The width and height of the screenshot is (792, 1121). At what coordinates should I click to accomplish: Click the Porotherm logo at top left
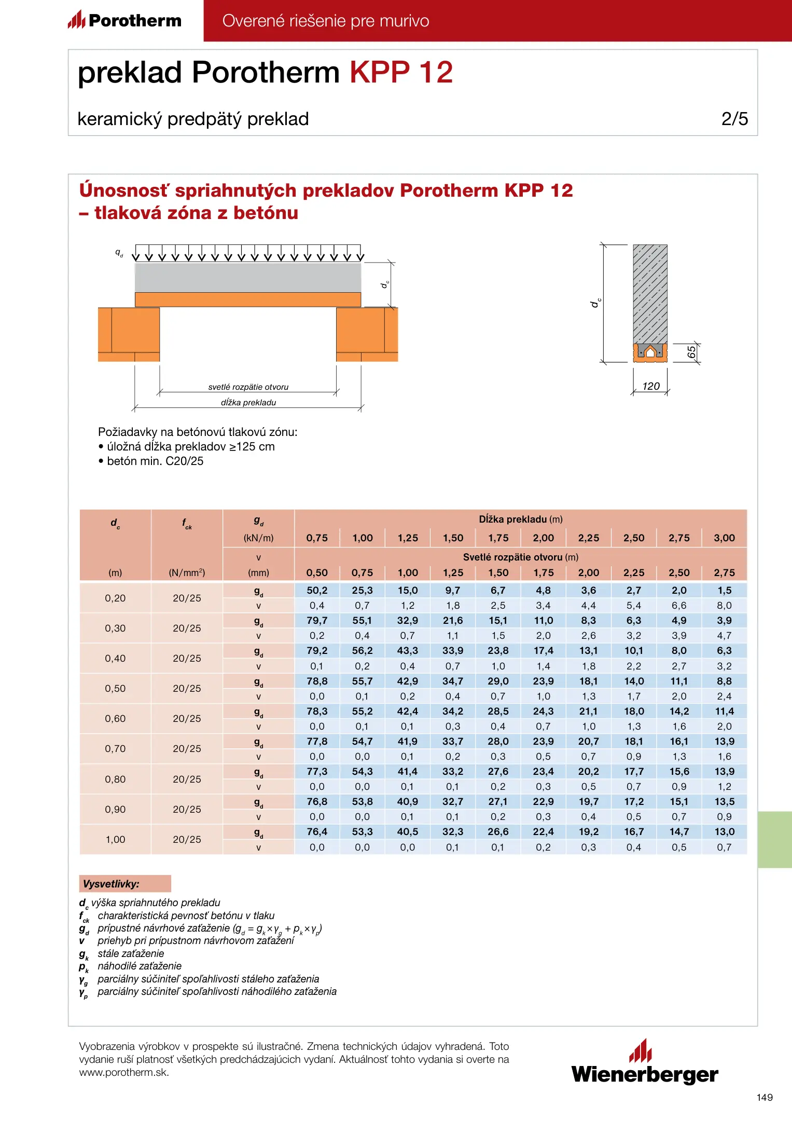click(125, 20)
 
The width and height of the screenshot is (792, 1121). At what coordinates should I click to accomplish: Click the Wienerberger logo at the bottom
click(645, 1063)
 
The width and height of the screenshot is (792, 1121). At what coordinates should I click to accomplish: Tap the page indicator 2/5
click(734, 119)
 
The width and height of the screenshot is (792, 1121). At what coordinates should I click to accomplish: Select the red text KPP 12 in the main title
click(401, 72)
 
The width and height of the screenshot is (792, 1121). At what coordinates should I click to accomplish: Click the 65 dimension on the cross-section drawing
click(691, 352)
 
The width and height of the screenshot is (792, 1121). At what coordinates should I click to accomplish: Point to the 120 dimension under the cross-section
click(650, 386)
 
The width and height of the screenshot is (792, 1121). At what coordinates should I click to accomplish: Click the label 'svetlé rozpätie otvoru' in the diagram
click(248, 387)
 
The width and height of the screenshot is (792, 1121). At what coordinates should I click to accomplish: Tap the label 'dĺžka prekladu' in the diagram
click(248, 402)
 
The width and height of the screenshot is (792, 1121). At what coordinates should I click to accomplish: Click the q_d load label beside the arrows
click(119, 253)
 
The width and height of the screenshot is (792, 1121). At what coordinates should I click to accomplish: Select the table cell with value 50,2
click(317, 590)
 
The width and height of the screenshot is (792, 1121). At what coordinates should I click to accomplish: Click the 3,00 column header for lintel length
click(724, 538)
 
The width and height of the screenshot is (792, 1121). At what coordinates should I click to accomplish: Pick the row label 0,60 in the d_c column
click(115, 718)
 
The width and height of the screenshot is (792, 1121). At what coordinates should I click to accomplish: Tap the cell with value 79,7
click(317, 620)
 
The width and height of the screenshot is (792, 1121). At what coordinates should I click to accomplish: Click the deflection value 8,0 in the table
click(724, 605)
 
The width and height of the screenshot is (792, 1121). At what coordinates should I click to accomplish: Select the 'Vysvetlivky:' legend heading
click(112, 883)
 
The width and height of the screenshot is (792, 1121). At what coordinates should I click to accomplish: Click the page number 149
click(765, 1097)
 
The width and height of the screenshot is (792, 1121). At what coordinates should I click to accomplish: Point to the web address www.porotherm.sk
click(124, 1072)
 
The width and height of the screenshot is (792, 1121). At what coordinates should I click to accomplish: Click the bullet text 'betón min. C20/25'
click(155, 461)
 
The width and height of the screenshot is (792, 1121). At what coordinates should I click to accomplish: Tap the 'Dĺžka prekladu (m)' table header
click(520, 519)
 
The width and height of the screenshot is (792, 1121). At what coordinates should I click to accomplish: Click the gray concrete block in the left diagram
click(248, 277)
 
